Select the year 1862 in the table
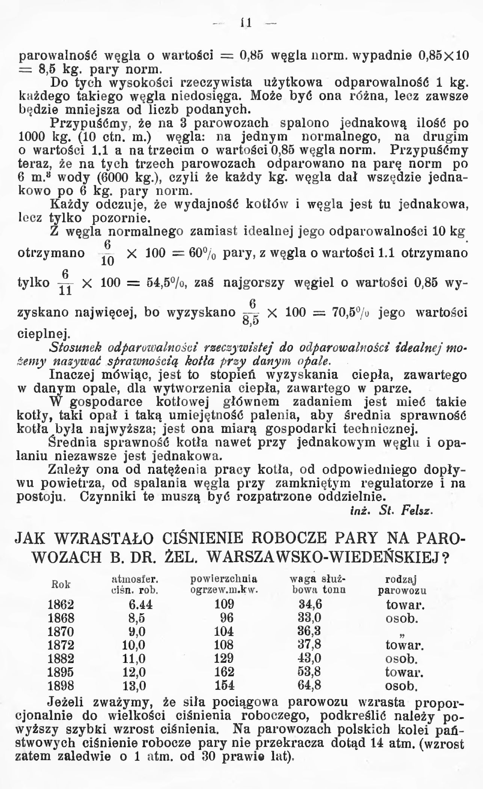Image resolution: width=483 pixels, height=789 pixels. (61, 605)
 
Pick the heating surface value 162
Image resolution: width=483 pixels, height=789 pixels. (224, 672)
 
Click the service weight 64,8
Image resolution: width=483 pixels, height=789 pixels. (309, 686)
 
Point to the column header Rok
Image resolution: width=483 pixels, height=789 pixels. (61, 585)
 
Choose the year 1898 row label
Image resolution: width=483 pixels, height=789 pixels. (61, 686)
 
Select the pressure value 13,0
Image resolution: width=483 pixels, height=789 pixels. (134, 686)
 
